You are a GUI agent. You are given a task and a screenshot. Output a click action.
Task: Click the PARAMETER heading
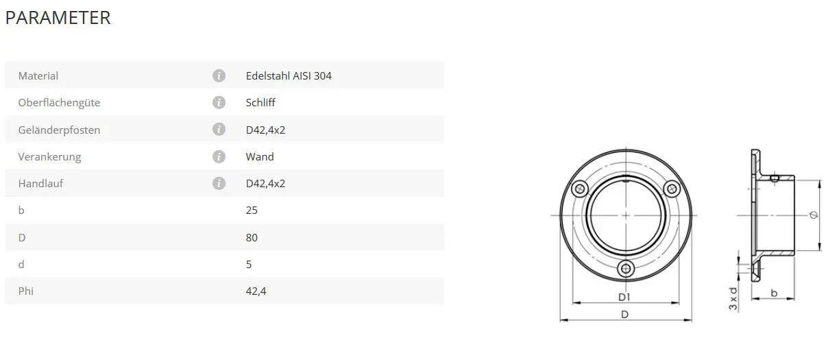click(58, 18)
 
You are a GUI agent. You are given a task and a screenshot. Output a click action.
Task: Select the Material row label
click(38, 75)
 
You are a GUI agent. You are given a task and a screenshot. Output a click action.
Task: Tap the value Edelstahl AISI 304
click(289, 75)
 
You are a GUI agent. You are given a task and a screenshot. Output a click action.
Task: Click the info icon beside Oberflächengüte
click(219, 102)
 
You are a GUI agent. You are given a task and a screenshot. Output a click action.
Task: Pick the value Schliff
click(260, 103)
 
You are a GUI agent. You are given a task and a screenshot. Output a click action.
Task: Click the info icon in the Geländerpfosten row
click(219, 129)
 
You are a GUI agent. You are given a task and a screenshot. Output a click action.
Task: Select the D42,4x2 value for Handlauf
click(265, 184)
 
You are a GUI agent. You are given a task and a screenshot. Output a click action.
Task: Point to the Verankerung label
click(49, 156)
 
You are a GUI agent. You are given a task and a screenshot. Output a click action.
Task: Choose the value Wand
click(260, 156)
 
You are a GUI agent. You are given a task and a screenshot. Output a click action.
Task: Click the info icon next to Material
click(219, 75)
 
